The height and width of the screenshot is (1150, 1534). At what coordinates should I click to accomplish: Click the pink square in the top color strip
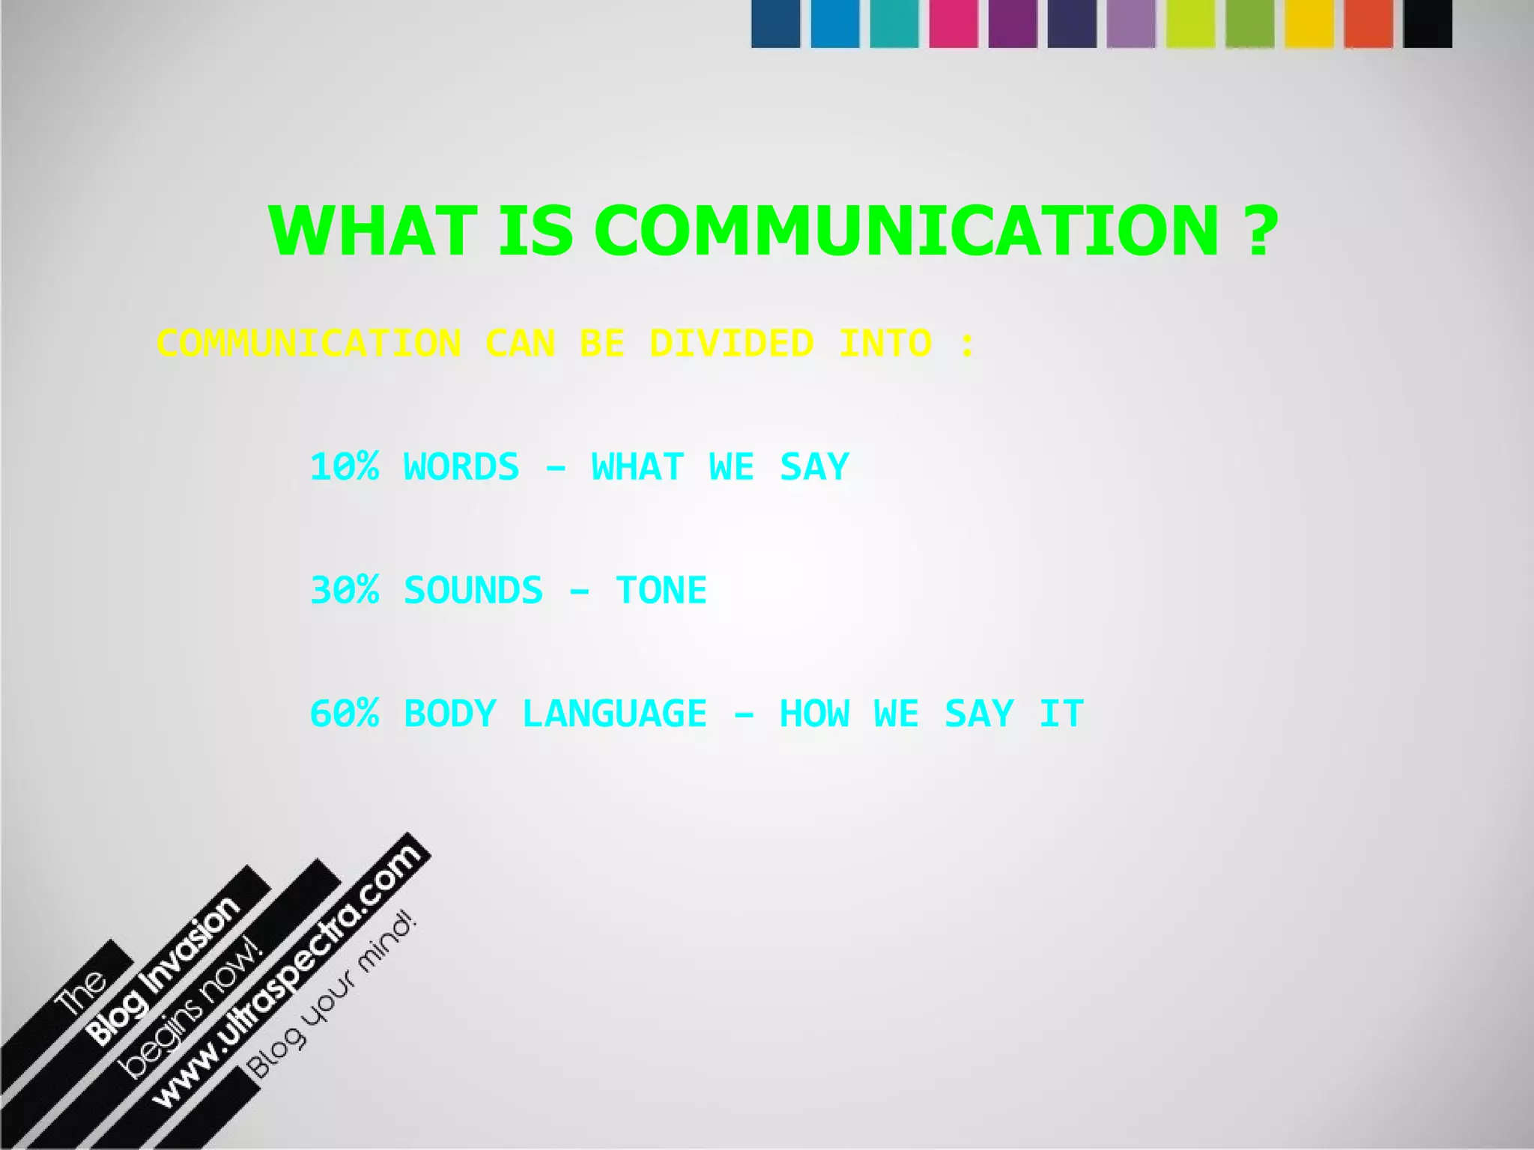tap(953, 23)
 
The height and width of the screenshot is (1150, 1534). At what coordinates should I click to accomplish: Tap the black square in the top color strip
tap(1428, 23)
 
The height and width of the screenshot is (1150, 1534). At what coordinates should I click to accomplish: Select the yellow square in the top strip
tap(1309, 23)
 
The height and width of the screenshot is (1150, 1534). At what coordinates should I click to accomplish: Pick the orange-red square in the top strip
tap(1368, 23)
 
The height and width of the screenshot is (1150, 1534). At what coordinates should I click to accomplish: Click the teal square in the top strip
tap(894, 23)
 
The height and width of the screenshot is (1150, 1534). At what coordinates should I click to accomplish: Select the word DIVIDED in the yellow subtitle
tap(731, 344)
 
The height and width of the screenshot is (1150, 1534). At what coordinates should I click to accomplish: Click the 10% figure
tap(345, 466)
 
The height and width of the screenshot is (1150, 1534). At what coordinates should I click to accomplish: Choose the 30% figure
tap(345, 590)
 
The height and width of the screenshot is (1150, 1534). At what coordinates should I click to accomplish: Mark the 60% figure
tap(345, 713)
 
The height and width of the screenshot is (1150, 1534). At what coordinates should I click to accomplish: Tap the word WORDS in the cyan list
tap(461, 466)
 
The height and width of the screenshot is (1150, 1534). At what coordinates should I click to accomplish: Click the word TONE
tap(661, 590)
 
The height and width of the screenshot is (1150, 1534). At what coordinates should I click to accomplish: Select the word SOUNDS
tap(473, 590)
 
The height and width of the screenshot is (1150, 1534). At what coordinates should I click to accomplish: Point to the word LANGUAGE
tap(614, 713)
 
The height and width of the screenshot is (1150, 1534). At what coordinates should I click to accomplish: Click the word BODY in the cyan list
tap(449, 713)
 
